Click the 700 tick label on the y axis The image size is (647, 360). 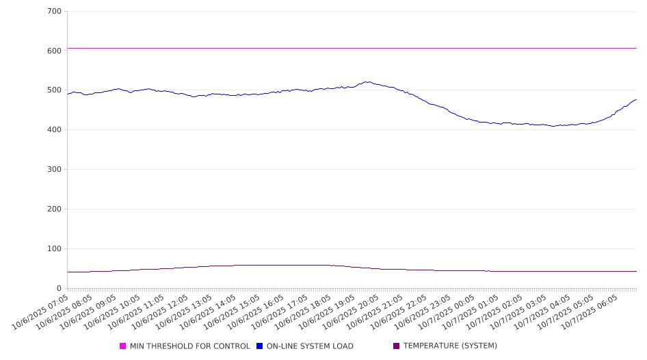coord(54,12)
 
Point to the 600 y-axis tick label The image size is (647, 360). coord(54,51)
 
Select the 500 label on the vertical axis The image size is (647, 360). coord(54,90)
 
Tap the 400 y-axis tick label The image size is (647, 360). coord(54,130)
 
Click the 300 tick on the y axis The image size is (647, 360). coord(54,170)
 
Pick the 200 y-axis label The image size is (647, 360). coord(54,209)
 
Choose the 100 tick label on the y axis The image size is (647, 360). coord(54,249)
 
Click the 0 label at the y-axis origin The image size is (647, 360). coord(59,289)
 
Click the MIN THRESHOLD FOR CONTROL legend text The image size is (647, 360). coord(189,346)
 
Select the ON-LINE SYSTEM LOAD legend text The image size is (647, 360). coord(310,346)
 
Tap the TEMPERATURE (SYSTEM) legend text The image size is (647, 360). coord(450,346)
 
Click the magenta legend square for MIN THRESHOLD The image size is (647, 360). coord(123,346)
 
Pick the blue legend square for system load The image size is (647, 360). coord(260,346)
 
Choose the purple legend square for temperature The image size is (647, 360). coord(397,346)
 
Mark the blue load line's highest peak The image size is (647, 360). coord(368,82)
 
